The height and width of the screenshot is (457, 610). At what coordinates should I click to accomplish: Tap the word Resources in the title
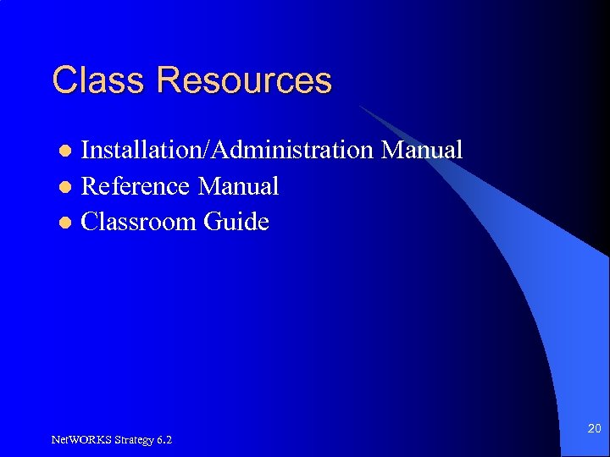tap(245, 80)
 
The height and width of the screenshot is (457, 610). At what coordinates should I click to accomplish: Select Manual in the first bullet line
tap(422, 151)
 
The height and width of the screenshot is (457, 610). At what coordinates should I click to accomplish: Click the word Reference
tap(136, 186)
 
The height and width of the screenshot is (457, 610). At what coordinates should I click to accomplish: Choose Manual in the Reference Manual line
tap(238, 186)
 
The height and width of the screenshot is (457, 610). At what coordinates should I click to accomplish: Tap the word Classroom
tap(139, 223)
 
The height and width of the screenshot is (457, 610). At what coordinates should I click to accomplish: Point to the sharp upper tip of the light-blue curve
tap(359, 105)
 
